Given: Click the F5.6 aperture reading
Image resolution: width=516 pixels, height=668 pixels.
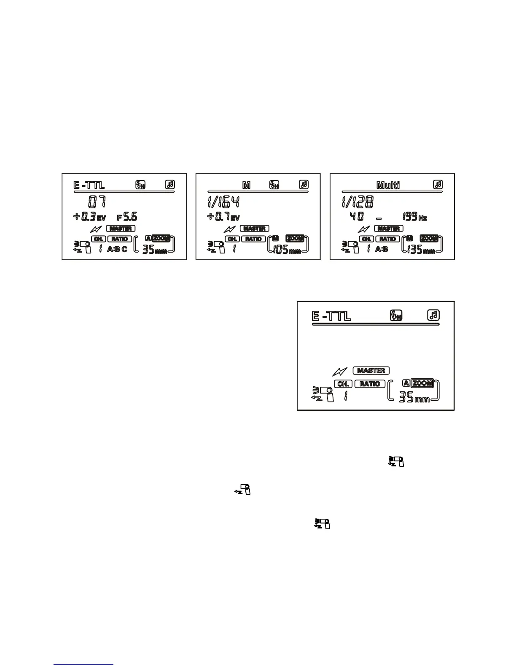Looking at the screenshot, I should [127, 217].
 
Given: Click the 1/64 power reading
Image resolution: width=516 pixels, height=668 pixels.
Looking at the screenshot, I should [223, 202].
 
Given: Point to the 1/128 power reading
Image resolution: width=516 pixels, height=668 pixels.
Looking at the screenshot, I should [357, 202].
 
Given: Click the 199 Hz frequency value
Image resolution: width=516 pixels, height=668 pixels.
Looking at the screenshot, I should [415, 217].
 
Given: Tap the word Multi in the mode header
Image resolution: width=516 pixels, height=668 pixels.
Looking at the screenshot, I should [388, 185].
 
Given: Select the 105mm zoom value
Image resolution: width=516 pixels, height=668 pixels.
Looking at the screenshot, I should [287, 250].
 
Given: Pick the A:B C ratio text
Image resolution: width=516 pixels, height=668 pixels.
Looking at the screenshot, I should [117, 249].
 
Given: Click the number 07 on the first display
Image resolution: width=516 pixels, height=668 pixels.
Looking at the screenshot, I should [97, 202].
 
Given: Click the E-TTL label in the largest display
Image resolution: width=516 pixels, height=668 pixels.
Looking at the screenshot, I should [331, 316].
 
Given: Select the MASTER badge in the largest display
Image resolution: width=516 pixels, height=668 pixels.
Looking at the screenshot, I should [371, 371].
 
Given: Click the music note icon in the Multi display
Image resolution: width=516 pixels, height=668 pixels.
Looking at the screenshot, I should [438, 184].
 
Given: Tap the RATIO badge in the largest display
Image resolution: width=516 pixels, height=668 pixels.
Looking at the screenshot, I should [370, 384].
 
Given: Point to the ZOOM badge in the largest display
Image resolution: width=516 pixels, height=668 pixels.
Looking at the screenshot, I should [422, 383].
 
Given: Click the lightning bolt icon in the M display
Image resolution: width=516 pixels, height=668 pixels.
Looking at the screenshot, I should [230, 229].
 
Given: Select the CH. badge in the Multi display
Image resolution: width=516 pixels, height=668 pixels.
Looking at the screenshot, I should [367, 239].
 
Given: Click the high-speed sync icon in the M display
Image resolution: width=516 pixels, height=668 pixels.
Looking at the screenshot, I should [274, 184].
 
